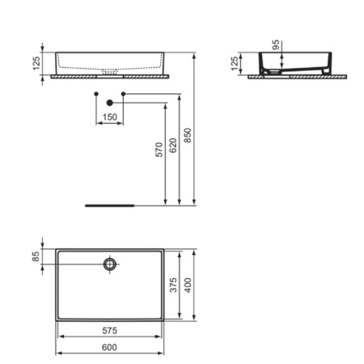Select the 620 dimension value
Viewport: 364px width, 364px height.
(173, 146)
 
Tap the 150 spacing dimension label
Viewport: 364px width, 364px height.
(109, 118)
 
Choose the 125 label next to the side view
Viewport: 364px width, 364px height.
(235, 64)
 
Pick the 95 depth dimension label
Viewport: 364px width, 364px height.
(277, 46)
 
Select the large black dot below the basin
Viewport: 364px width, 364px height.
(109, 103)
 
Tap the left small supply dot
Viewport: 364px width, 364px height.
(95, 95)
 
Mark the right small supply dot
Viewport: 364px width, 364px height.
(123, 95)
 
